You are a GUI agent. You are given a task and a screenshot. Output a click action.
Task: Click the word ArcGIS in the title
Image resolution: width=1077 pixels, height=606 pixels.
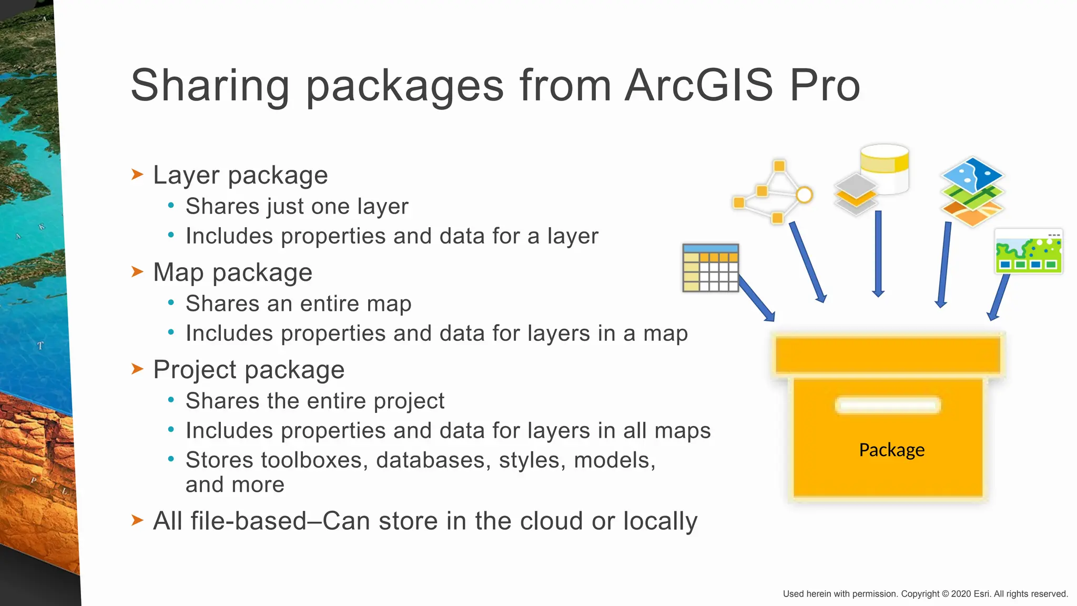point(699,85)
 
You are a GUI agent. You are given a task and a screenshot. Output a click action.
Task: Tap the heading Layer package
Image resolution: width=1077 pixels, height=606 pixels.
point(240,175)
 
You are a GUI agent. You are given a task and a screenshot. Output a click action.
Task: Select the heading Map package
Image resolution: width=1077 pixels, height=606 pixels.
point(232,272)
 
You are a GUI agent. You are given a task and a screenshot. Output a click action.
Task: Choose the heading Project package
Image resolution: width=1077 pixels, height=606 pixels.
point(249,370)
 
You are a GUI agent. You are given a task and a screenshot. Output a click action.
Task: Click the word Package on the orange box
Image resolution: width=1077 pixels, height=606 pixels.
point(891,450)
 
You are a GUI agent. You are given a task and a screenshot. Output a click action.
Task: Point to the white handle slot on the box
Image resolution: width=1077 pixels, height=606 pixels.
point(888,406)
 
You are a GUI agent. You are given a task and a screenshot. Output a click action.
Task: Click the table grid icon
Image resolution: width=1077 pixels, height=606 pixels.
point(710,268)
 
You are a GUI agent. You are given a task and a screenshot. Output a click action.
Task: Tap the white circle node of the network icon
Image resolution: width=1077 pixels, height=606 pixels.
point(804,195)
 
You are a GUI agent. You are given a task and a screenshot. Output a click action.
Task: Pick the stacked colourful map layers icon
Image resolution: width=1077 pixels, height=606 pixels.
point(972,191)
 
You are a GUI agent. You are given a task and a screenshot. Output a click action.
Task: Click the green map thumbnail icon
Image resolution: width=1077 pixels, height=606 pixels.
point(1029,251)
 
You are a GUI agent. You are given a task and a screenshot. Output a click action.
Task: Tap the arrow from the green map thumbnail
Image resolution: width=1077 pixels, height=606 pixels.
point(999,297)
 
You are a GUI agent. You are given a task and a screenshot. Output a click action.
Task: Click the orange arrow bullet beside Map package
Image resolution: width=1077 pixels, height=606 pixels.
point(137,271)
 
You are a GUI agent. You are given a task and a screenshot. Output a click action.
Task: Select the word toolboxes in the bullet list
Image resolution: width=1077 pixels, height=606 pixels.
point(272,460)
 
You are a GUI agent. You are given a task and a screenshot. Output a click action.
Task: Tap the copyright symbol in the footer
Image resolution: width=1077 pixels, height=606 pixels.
point(945,594)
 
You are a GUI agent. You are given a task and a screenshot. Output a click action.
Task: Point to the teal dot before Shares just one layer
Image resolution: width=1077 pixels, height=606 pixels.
point(171,206)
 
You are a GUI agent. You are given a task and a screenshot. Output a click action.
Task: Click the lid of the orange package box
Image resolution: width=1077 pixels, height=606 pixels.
point(888,355)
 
